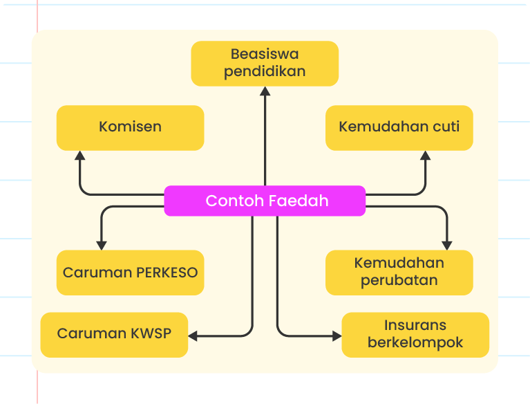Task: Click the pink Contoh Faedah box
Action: coord(265,201)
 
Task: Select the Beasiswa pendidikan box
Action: coord(265,64)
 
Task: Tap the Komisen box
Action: coord(130,127)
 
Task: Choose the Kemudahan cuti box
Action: coord(399,127)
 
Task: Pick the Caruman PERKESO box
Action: coord(130,273)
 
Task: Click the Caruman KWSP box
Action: coord(114,335)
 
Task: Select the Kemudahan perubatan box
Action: coord(399,273)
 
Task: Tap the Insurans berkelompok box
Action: coord(415,335)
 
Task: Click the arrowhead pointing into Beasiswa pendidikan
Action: coord(265,91)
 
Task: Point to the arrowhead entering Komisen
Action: coord(79,156)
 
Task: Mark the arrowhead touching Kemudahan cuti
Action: coord(425,156)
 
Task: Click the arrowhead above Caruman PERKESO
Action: coord(102,246)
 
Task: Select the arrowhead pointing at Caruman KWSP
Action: coord(193,336)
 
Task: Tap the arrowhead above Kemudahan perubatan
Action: coord(447,246)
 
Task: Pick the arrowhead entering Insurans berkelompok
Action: coord(337,336)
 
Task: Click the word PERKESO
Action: coord(167,273)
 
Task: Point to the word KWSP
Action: coord(151,333)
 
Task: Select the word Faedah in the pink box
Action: coord(298,201)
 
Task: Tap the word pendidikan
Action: coord(265,72)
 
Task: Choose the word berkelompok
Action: coord(415,342)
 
